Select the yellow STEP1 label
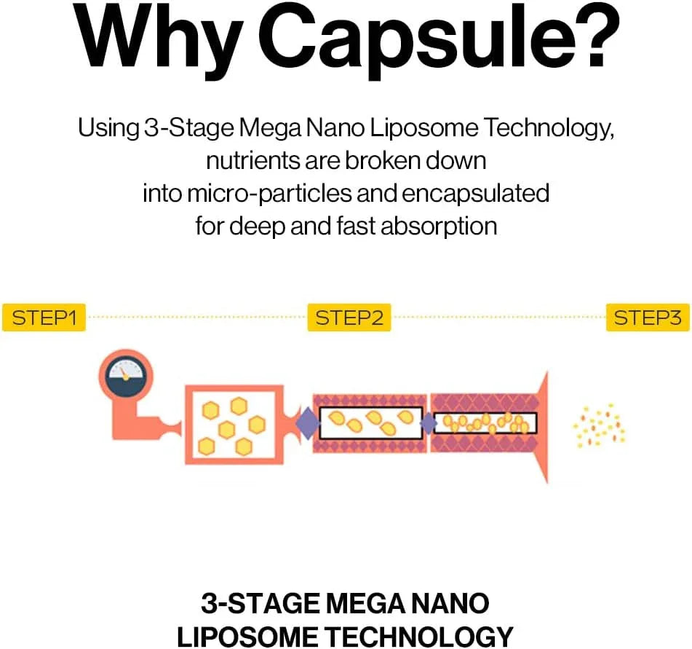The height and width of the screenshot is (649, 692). tap(44, 318)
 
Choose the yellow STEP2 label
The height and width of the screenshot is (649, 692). tap(349, 318)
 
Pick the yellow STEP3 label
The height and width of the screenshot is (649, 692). tap(648, 318)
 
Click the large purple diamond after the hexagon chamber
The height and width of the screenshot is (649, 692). tap(306, 423)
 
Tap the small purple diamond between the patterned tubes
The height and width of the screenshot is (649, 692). tap(428, 422)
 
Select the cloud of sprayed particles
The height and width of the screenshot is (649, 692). tap(598, 425)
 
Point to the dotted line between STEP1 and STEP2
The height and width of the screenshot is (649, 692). tap(196, 318)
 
